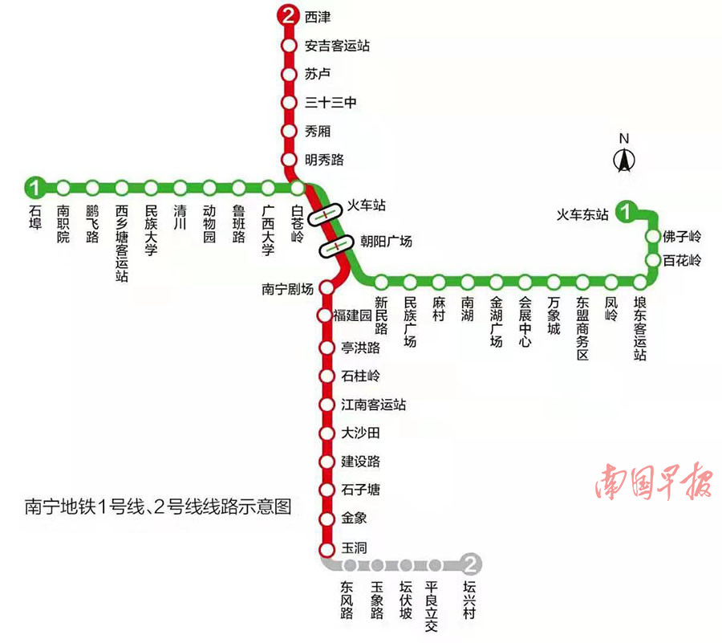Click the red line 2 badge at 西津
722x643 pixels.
point(288,15)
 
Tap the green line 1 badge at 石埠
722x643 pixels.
point(34,188)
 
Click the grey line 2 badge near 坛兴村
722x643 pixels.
point(473,564)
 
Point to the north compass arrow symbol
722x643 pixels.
point(624,160)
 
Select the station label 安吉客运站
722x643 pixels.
point(337,46)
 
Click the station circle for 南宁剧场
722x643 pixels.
point(327,287)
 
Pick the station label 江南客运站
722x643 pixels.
point(373,405)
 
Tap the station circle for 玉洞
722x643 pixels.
point(327,550)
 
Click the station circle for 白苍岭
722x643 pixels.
point(298,188)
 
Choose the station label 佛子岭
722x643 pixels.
point(683,237)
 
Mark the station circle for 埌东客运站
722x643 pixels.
point(639,282)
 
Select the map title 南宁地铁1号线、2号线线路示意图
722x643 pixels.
point(157,507)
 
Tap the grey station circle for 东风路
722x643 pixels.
point(350,564)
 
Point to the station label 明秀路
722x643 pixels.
point(325,160)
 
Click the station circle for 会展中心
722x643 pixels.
point(525,282)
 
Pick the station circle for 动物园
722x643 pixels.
point(209,188)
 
